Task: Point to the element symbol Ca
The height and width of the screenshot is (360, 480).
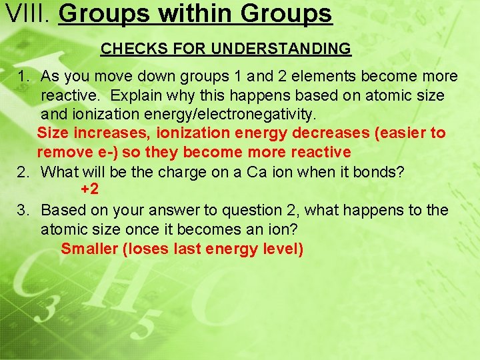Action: (x=257, y=172)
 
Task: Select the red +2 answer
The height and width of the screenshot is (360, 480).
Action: (x=90, y=189)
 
